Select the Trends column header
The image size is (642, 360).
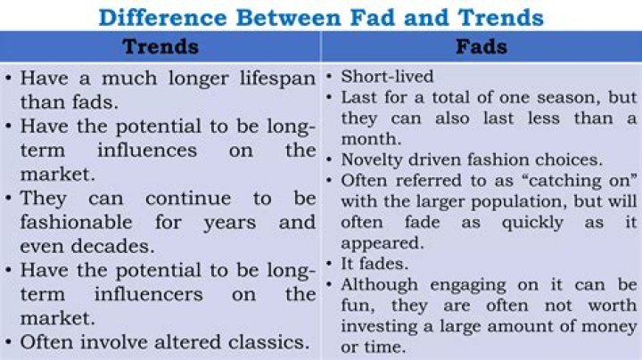click(x=160, y=46)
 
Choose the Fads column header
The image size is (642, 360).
click(x=481, y=46)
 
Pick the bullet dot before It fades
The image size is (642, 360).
click(x=331, y=264)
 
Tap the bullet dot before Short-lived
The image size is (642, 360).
click(x=331, y=78)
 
